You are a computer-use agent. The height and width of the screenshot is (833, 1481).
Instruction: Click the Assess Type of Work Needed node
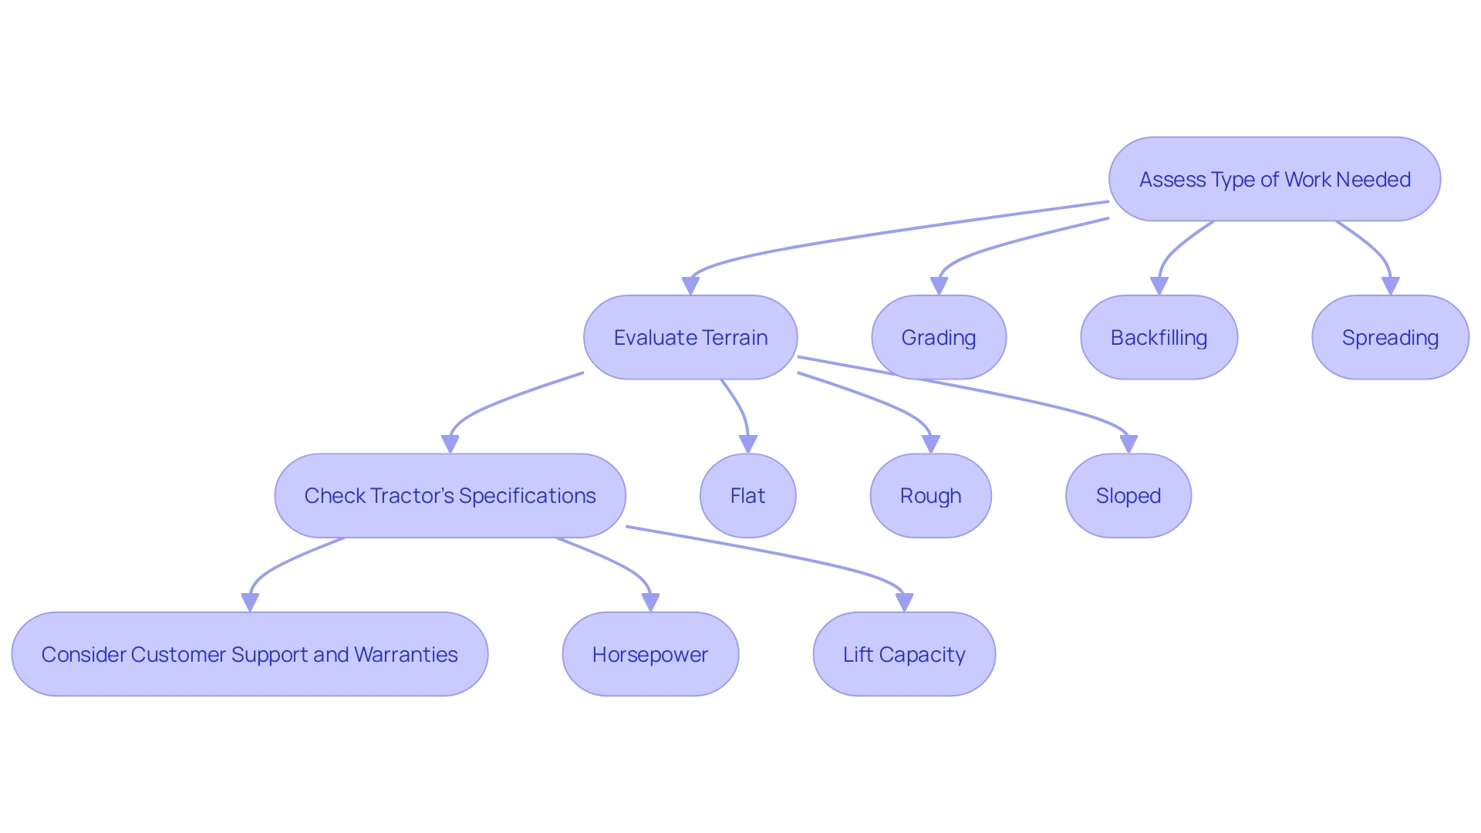tap(1274, 179)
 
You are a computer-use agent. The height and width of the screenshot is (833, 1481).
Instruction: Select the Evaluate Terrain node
tap(690, 337)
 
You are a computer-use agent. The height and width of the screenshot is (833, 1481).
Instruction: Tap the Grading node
tap(939, 337)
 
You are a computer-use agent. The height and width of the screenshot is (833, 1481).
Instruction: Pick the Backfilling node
tap(1159, 337)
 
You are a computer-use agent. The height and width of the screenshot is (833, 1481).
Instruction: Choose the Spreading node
tap(1390, 337)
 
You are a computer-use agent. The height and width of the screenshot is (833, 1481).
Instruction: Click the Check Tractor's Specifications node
tap(450, 495)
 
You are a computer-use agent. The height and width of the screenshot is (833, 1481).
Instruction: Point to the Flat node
tap(747, 495)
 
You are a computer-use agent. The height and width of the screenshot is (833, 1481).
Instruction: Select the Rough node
tap(930, 495)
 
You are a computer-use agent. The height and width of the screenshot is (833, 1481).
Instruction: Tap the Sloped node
tap(1128, 495)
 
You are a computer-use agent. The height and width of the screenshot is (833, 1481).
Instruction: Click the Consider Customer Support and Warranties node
tap(249, 654)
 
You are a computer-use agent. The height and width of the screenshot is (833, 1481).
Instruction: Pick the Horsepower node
tap(650, 654)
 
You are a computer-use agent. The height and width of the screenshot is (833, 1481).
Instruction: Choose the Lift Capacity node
tap(904, 654)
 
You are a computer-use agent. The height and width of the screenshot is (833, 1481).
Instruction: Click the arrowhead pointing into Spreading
tap(1390, 287)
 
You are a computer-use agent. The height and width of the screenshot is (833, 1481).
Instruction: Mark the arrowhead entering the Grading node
tap(939, 287)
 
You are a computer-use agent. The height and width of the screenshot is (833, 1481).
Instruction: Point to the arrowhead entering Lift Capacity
tap(904, 603)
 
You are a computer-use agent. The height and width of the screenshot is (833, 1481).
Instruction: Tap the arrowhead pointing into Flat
tap(747, 444)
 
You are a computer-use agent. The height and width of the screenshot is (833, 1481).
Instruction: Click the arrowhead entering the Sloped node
tap(1128, 444)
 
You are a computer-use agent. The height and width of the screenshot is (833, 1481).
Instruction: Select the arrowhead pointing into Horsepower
tap(650, 603)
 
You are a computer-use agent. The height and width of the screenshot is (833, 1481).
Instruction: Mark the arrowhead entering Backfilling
tap(1159, 287)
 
